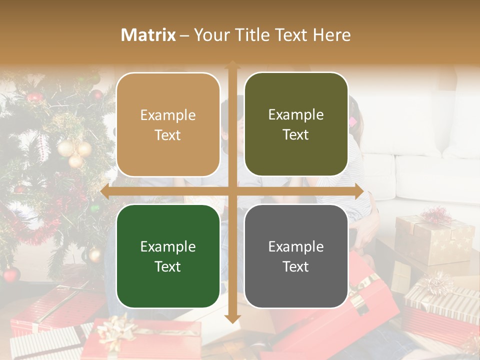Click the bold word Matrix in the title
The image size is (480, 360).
148,35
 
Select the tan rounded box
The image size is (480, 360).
168,124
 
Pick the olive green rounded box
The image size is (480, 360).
296,124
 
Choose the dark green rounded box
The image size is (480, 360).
168,256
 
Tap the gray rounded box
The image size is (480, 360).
296,256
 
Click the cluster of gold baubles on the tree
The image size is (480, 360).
75,153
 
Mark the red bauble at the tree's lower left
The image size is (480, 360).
11,274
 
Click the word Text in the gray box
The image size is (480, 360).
296,266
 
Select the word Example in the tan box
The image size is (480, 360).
168,115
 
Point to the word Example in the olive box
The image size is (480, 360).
296,114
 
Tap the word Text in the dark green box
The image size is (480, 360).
168,266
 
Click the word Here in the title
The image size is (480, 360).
332,35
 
